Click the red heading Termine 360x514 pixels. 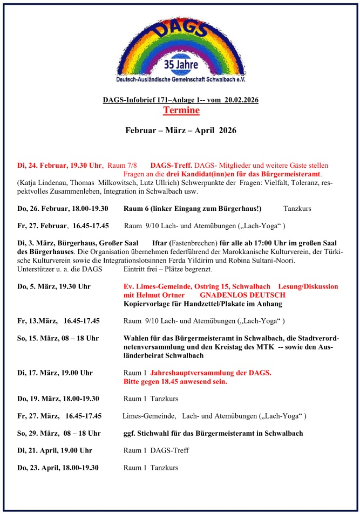tap(181, 111)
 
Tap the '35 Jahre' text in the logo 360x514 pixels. tap(181, 65)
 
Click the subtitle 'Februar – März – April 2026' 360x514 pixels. tap(181, 131)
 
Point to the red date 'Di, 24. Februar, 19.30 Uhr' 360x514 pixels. tap(60, 165)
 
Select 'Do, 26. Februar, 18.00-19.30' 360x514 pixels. tap(63, 209)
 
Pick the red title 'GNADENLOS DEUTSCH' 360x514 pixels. tap(242, 295)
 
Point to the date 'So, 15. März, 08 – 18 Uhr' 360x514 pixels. tap(58, 338)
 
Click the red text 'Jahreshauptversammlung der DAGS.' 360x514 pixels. tap(210, 373)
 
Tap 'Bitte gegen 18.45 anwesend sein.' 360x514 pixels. tap(175, 381)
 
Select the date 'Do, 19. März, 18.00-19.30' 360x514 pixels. tap(58, 399)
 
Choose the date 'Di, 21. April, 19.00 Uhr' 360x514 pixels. tap(55, 450)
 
